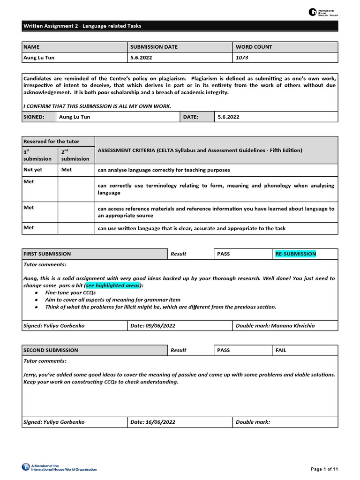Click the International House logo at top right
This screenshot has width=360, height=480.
click(x=323, y=13)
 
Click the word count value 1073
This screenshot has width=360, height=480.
click(x=242, y=58)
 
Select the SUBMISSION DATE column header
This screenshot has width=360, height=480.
click(x=154, y=47)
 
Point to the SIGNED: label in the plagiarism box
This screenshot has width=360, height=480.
click(x=34, y=117)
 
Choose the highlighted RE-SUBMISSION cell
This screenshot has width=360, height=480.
click(x=296, y=254)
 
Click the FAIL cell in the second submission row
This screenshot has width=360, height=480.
click(x=281, y=350)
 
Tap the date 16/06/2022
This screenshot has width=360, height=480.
click(x=160, y=422)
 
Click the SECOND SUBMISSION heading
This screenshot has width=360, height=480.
click(x=51, y=350)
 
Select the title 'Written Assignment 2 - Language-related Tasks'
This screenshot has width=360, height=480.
click(x=82, y=26)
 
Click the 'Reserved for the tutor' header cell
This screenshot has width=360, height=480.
click(x=52, y=142)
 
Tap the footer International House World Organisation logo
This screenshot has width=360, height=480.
click(x=59, y=467)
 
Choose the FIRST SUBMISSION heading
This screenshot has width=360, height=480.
click(x=47, y=254)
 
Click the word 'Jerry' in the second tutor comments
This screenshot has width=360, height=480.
click(x=31, y=375)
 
